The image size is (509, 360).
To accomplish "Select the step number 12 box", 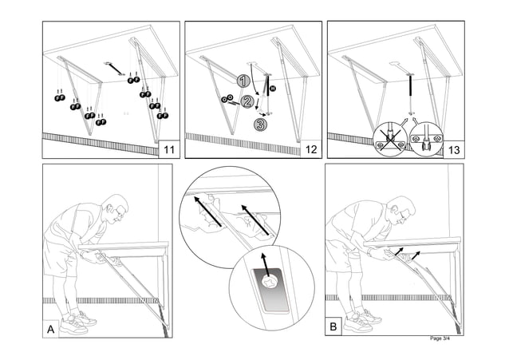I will coord(310,149).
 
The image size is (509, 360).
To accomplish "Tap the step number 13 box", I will coord(455,149).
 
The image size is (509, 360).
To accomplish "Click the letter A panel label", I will coord(51,328).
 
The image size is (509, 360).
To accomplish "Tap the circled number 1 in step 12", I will coord(244,81).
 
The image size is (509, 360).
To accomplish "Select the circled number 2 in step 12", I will coord(247,101).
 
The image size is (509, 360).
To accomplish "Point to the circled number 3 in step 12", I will coord(260,124).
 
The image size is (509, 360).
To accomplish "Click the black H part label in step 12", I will coord(272,87).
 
